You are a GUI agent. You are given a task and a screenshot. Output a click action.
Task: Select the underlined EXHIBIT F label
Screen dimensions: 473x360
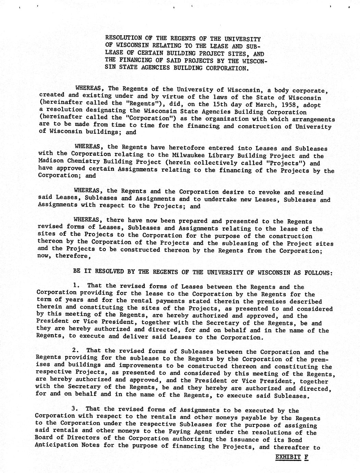coord(292,457)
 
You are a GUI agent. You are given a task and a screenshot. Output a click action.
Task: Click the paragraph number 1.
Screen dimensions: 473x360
coord(76,285)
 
